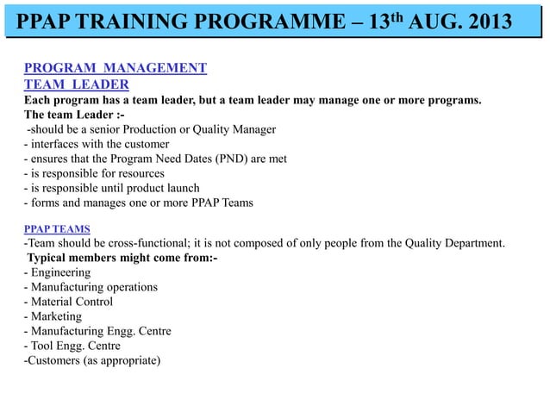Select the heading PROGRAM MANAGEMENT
tap(115, 67)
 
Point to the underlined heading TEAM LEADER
tap(76, 84)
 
